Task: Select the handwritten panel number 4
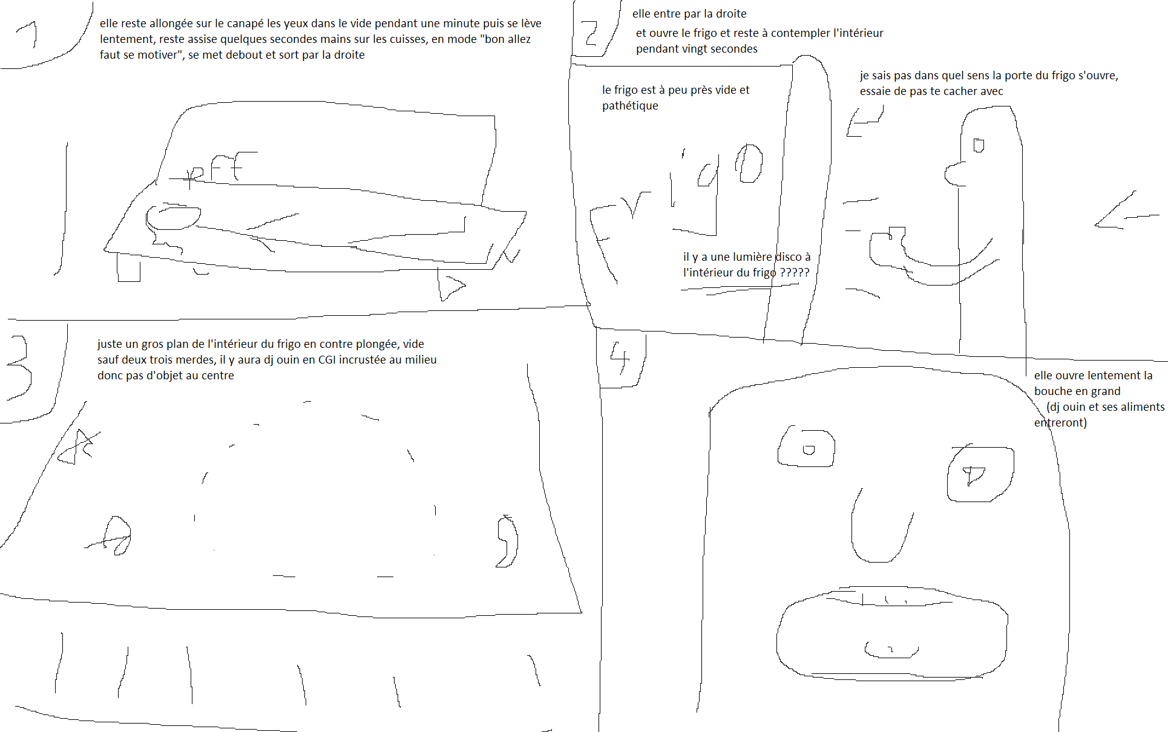tap(619, 358)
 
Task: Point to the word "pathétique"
tap(630, 106)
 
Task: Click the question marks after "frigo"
tap(794, 272)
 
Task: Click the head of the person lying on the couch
tap(173, 218)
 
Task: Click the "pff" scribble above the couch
tap(215, 168)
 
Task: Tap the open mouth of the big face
tap(891, 632)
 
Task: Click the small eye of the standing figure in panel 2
tap(978, 146)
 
